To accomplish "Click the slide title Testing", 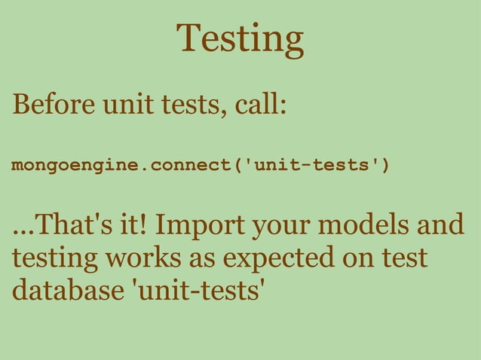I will (x=240, y=39).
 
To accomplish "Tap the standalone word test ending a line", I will (x=404, y=258).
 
